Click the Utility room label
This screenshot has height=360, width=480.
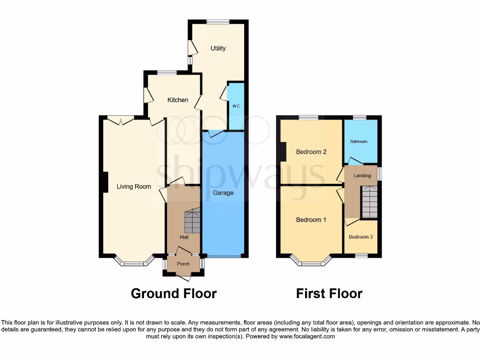click(218, 48)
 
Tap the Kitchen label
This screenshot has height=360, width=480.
click(178, 100)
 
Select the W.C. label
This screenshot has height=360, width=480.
click(236, 106)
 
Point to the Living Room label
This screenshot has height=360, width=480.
click(134, 187)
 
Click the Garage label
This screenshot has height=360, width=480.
click(223, 193)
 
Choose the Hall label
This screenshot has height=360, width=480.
click(184, 238)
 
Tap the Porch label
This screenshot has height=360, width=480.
click(183, 264)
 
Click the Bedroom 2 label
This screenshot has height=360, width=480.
click(311, 152)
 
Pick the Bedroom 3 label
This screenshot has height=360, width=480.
click(361, 237)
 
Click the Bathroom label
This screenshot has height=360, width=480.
click(359, 142)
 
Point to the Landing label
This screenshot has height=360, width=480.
click(362, 176)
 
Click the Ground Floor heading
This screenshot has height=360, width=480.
click(173, 294)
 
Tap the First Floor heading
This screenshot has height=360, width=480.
click(329, 294)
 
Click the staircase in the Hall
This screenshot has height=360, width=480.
click(192, 222)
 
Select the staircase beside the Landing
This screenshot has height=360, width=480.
click(369, 202)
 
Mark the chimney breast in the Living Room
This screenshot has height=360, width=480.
click(105, 182)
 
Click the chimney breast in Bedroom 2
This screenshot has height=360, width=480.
click(283, 152)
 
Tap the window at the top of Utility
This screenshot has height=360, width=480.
click(218, 22)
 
